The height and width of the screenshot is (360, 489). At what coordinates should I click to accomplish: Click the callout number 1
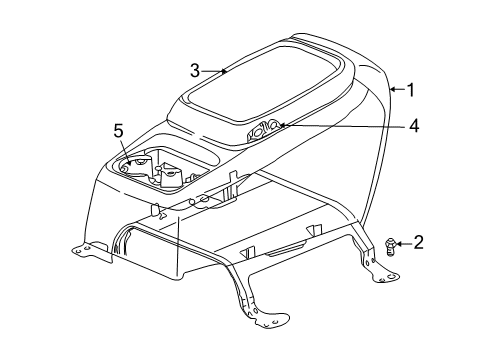(409, 89)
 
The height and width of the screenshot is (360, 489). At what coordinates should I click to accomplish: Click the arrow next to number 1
(395, 89)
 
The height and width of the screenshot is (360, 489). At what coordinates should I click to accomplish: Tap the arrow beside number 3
(215, 70)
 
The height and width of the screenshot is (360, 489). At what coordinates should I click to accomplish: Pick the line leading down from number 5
(122, 148)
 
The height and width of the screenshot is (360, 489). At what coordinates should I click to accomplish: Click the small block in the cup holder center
(168, 176)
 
